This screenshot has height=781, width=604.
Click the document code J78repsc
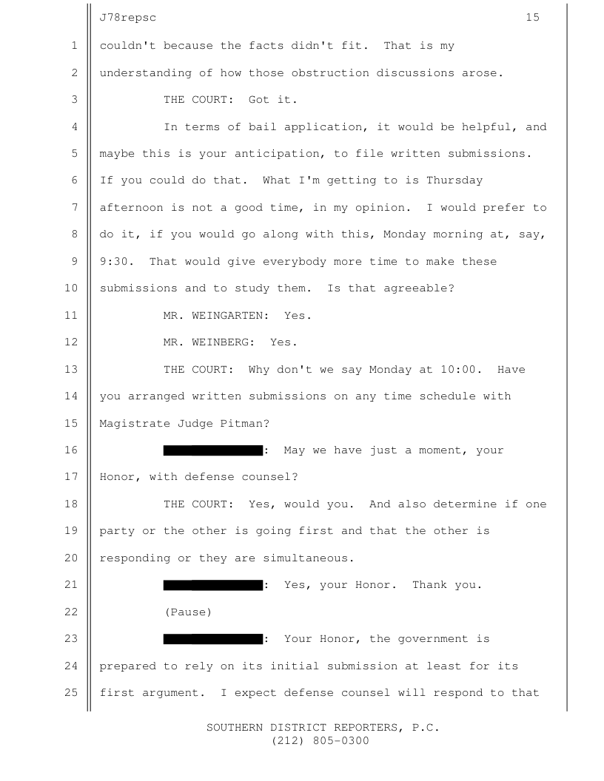click(x=127, y=18)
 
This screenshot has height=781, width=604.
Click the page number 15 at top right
click(x=532, y=18)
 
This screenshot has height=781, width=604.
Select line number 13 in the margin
click(x=71, y=369)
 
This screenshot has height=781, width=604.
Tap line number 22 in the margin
click(x=71, y=612)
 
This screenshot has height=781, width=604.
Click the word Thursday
click(x=454, y=180)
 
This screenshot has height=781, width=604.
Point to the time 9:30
click(x=114, y=262)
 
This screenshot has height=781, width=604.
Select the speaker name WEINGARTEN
click(x=227, y=316)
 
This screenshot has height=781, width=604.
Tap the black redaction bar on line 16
click(x=212, y=450)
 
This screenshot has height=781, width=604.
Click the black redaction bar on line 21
click(x=212, y=585)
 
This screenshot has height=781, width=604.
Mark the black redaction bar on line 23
click(x=212, y=639)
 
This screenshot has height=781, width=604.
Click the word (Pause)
click(x=188, y=612)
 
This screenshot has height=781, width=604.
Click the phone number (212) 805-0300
click(x=320, y=740)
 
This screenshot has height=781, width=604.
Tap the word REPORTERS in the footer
click(x=366, y=728)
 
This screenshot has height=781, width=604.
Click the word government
click(x=433, y=639)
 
